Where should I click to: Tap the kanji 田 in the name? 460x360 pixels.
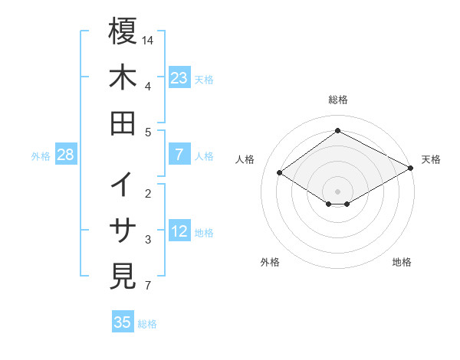coord(123,123)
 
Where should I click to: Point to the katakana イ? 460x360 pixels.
coord(123,185)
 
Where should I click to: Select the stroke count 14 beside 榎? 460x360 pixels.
coord(149,40)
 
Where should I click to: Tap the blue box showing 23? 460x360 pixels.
coord(179,77)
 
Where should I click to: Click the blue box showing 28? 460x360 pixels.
coord(65,155)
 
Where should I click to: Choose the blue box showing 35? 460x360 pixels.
coord(123,322)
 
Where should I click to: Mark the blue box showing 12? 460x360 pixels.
coord(179,231)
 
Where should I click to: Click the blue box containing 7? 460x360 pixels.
coord(179,155)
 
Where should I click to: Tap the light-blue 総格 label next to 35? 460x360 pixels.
coord(147,324)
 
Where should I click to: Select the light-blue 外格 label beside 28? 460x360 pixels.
coord(41,156)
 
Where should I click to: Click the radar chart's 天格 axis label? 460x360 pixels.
coord(431,159)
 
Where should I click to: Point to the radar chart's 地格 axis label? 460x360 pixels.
coord(402,262)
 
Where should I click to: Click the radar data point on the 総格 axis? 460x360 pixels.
coord(337,130)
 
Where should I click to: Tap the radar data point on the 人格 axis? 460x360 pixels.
coord(280,173)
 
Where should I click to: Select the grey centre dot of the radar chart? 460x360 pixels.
coord(337,191)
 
